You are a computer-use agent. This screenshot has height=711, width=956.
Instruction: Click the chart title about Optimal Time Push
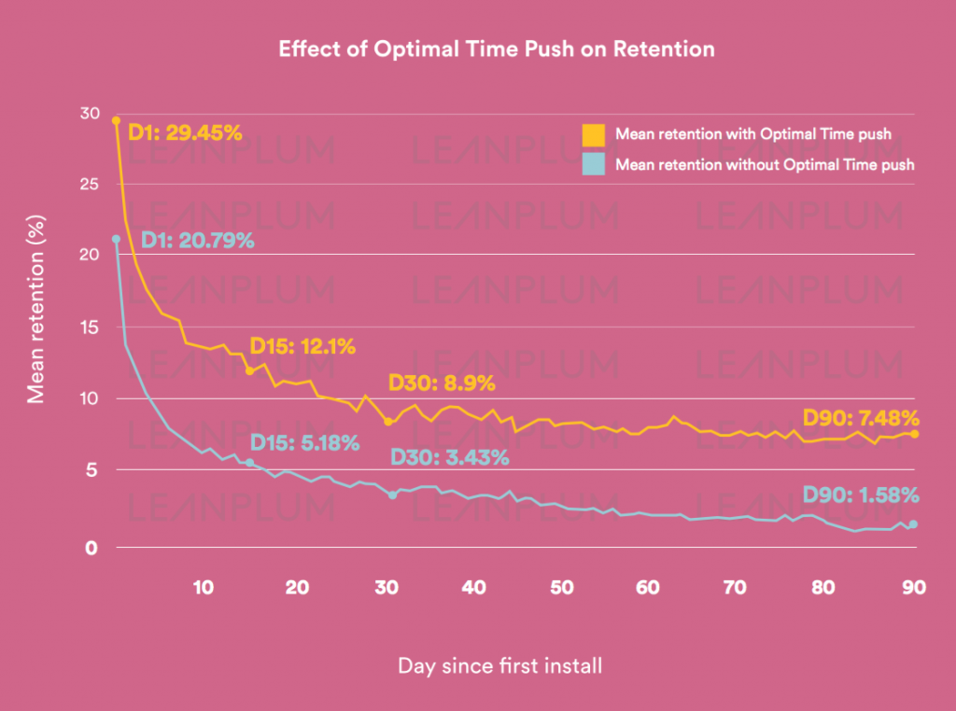(496, 49)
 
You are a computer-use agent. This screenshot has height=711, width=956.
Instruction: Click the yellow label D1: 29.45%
(185, 132)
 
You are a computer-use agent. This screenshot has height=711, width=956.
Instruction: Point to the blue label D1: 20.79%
(197, 241)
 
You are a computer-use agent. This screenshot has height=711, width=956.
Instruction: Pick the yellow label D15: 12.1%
(302, 347)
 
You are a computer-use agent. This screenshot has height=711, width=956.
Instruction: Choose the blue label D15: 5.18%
(304, 443)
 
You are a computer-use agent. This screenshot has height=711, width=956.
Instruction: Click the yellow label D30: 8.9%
(442, 383)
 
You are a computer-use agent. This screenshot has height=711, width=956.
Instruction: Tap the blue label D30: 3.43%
(449, 457)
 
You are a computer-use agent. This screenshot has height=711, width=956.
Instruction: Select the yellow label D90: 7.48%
(861, 417)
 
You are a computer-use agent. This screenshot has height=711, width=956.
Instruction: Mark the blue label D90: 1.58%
(861, 495)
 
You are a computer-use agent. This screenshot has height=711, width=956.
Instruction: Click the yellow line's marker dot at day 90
(915, 434)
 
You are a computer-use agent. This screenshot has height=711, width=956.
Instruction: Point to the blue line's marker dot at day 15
(249, 463)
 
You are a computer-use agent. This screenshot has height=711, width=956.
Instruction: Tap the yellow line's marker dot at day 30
(387, 422)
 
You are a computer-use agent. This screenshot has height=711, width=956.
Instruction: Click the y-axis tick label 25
(90, 184)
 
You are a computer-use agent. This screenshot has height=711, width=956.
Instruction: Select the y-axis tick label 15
(90, 328)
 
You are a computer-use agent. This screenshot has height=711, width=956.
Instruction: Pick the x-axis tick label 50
(561, 588)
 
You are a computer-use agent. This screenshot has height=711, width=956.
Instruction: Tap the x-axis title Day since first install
(500, 666)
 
